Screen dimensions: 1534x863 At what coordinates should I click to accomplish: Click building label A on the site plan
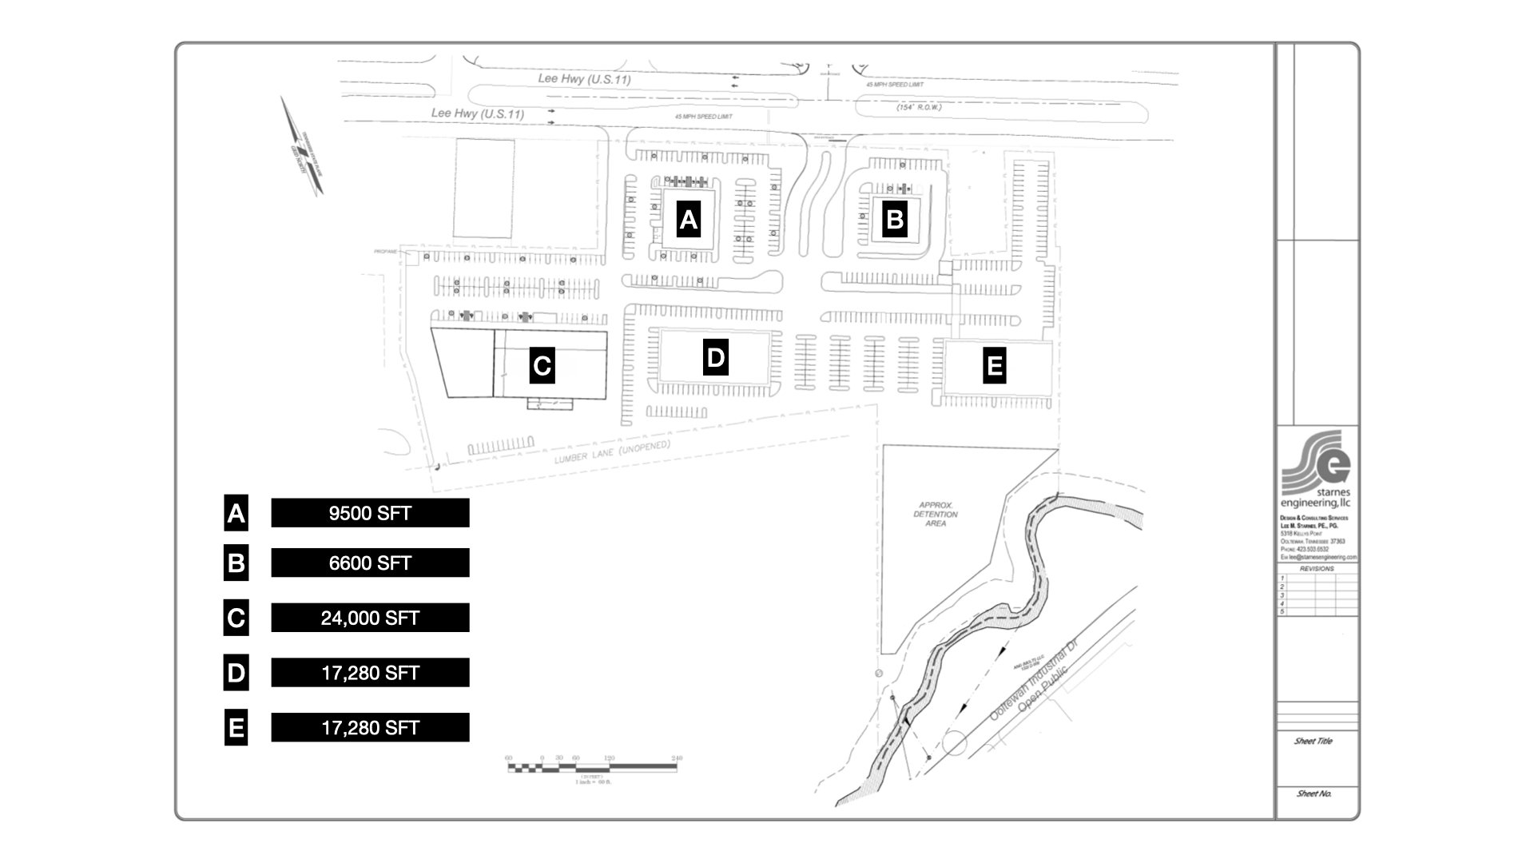(688, 219)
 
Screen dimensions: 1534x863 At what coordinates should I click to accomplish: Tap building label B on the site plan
(895, 219)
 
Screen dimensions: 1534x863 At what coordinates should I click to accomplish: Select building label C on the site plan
(542, 366)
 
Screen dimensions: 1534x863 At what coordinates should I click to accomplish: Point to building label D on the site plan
(715, 357)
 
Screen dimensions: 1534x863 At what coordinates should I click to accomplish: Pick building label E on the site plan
(994, 365)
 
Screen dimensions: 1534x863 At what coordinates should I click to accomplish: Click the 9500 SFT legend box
(370, 513)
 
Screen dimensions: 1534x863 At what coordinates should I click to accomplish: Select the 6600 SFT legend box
(370, 563)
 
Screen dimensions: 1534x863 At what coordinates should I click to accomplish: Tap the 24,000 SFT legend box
(370, 618)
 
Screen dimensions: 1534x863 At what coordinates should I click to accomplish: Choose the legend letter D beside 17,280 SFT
(236, 673)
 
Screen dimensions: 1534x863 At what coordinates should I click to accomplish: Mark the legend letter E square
(236, 728)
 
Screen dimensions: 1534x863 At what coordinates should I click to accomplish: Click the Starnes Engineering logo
(1315, 470)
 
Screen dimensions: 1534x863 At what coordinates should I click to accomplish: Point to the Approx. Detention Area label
(936, 514)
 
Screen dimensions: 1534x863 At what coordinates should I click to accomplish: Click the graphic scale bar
(592, 768)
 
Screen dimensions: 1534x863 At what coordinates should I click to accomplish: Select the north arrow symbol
(303, 147)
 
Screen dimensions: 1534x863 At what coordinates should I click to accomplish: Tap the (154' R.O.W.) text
(919, 107)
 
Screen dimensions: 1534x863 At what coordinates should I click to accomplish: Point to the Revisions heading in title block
(1317, 569)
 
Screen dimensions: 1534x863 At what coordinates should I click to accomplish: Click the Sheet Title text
(1313, 742)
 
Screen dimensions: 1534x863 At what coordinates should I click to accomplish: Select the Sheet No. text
(1313, 793)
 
